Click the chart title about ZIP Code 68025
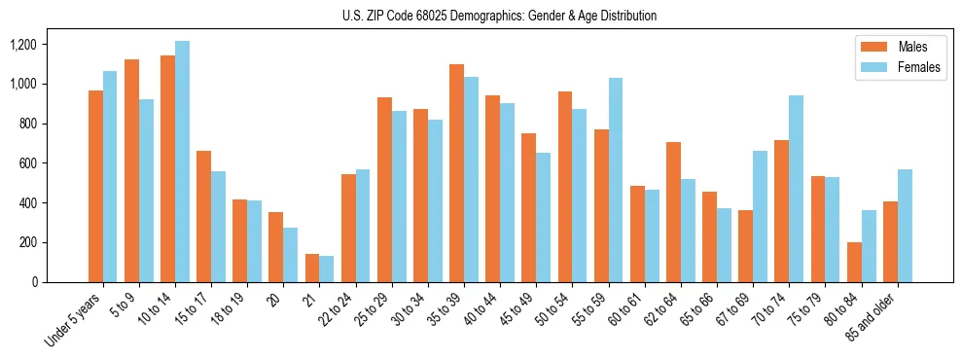(x=499, y=16)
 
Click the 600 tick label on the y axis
(x=27, y=163)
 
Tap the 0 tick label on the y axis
(x=34, y=282)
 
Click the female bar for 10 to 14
(x=182, y=162)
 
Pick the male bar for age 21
(x=312, y=268)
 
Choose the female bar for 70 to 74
(x=796, y=189)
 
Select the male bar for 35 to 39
(x=456, y=173)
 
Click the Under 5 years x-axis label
(x=74, y=320)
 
